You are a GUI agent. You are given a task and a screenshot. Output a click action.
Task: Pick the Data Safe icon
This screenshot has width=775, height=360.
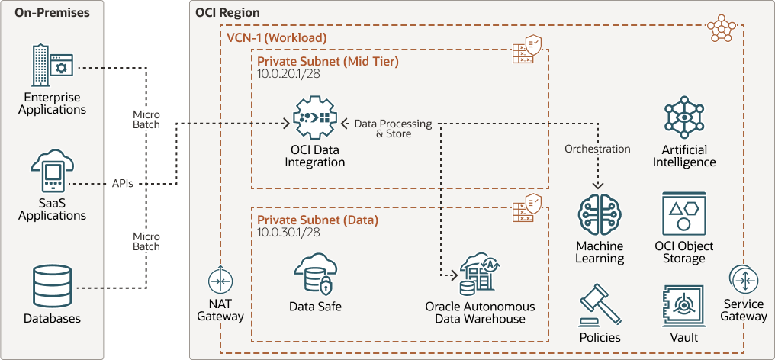[314, 274]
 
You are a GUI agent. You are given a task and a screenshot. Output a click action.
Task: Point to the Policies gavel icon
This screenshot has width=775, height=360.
[600, 305]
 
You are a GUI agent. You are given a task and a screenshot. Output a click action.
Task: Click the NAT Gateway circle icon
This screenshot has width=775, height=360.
[220, 281]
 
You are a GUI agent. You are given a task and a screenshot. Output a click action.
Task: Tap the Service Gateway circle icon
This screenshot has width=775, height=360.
[744, 281]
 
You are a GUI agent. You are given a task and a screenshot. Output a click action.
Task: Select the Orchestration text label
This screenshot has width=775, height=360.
[597, 149]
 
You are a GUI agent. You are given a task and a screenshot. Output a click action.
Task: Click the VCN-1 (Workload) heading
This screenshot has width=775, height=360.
[276, 37]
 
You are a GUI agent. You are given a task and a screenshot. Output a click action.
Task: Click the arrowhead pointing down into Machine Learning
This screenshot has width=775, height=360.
[599, 186]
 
